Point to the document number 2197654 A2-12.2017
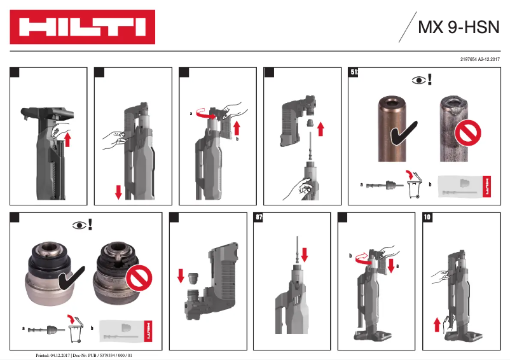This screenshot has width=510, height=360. [479, 59]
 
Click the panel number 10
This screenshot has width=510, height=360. [427, 218]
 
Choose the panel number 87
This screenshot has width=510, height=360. [258, 218]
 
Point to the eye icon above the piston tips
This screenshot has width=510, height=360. [418, 80]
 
